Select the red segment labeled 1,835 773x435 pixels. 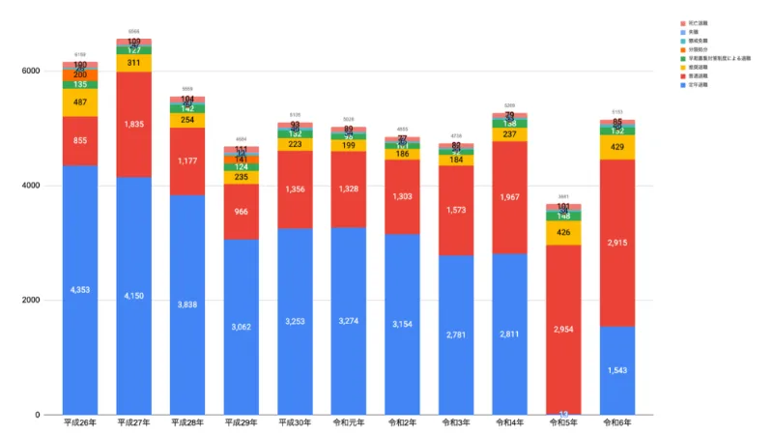click(x=134, y=124)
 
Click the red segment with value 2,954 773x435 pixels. click(x=564, y=329)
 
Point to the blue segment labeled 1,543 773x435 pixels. click(x=617, y=370)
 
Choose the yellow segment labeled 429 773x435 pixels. click(x=617, y=147)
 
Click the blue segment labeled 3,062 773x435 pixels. click(x=242, y=327)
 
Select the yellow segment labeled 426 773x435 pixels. click(x=564, y=233)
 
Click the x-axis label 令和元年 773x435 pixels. click(x=349, y=423)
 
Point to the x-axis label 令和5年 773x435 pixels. click(x=564, y=423)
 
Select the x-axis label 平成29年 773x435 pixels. click(x=242, y=423)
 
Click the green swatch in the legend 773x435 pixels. click(x=683, y=57)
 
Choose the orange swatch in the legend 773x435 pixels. click(x=683, y=48)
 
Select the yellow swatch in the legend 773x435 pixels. click(x=683, y=67)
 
